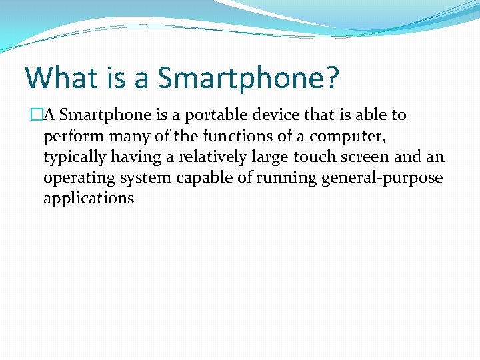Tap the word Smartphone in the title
[x=241, y=78]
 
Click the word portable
[x=213, y=115]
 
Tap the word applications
[x=89, y=199]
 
